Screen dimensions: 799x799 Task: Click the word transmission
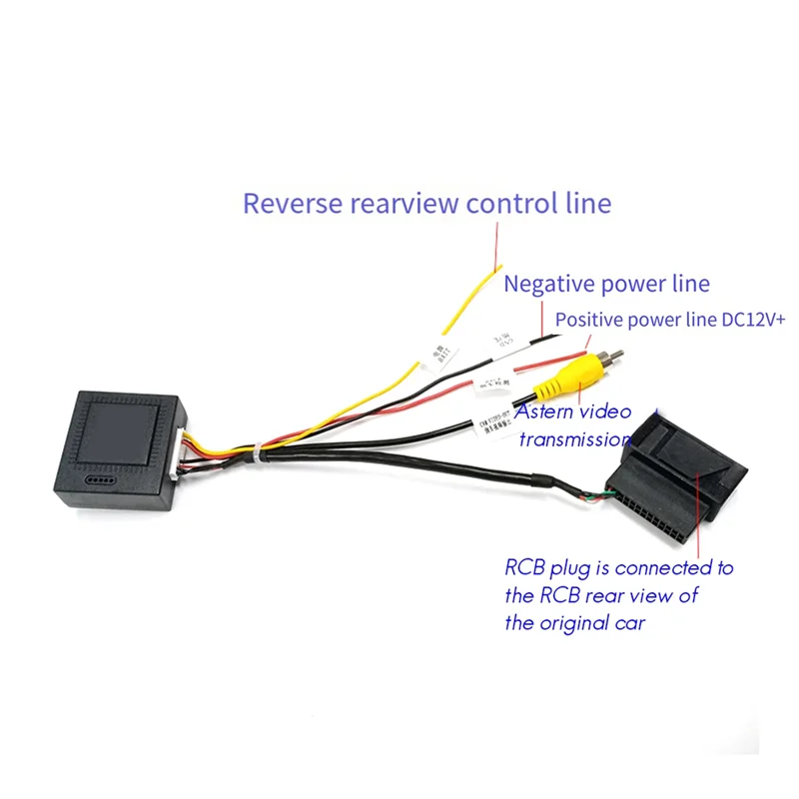[x=575, y=438]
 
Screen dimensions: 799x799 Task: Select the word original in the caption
[x=589, y=624]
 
